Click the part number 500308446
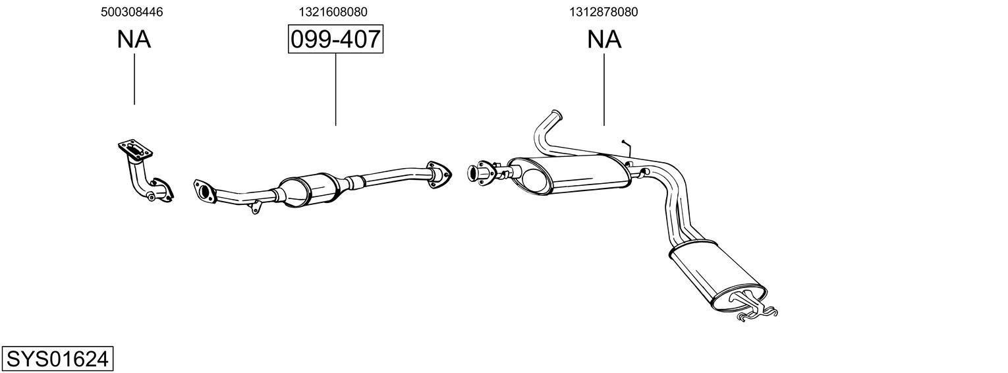tap(132, 12)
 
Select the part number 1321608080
tap(333, 12)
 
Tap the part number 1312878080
tap(603, 12)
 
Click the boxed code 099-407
tap(335, 40)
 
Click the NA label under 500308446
tap(134, 40)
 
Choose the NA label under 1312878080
tap(604, 40)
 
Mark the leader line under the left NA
tap(134, 79)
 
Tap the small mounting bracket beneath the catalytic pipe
tap(255, 208)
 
